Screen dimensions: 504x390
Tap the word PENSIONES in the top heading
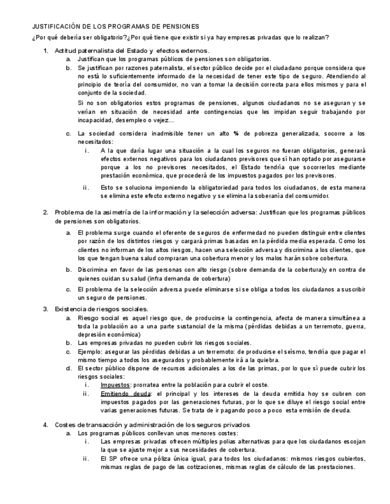(180, 27)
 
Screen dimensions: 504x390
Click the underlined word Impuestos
(116, 385)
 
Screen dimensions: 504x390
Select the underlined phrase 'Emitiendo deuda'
(126, 393)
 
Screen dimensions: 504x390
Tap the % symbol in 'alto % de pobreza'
(236, 133)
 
